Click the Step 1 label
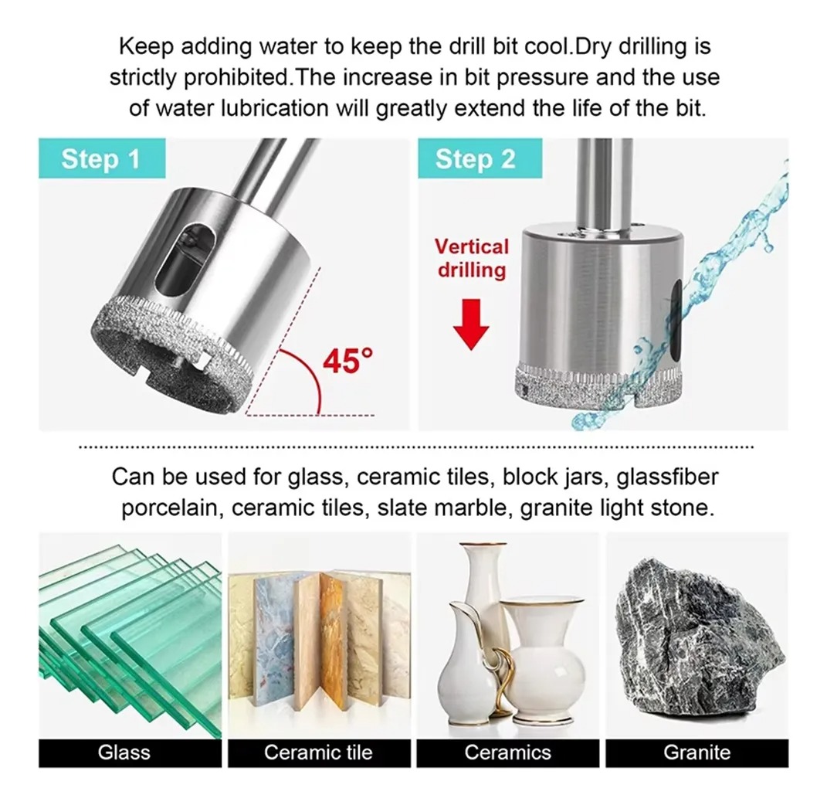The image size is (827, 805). click(x=102, y=158)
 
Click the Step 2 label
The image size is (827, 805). click(x=480, y=158)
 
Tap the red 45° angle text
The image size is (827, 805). click(x=347, y=361)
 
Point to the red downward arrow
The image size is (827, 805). click(x=471, y=324)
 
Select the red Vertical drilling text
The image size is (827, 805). click(x=472, y=259)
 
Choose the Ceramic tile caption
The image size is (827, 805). click(x=319, y=752)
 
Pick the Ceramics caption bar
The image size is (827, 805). click(x=508, y=752)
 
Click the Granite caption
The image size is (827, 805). click(x=697, y=752)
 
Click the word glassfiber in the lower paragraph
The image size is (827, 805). click(x=667, y=477)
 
